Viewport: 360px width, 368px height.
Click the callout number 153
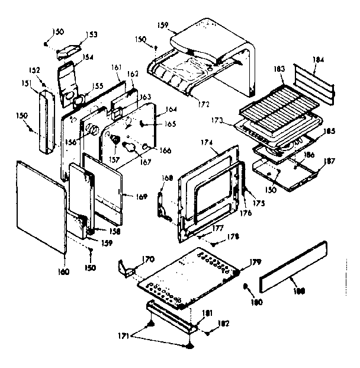[x=92, y=34]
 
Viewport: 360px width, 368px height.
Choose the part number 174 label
[x=207, y=143]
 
